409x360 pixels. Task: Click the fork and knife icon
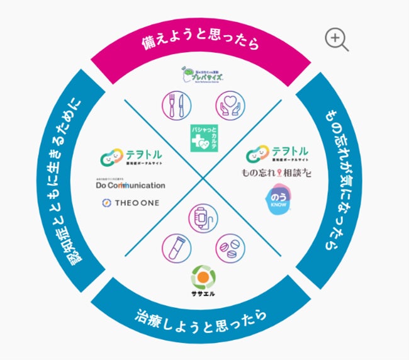176,104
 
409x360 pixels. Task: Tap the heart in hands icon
229,104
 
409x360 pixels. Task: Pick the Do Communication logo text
131,185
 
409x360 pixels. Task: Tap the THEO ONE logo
131,203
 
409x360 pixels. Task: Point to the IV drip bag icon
203,218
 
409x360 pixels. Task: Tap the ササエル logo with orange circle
203,281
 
